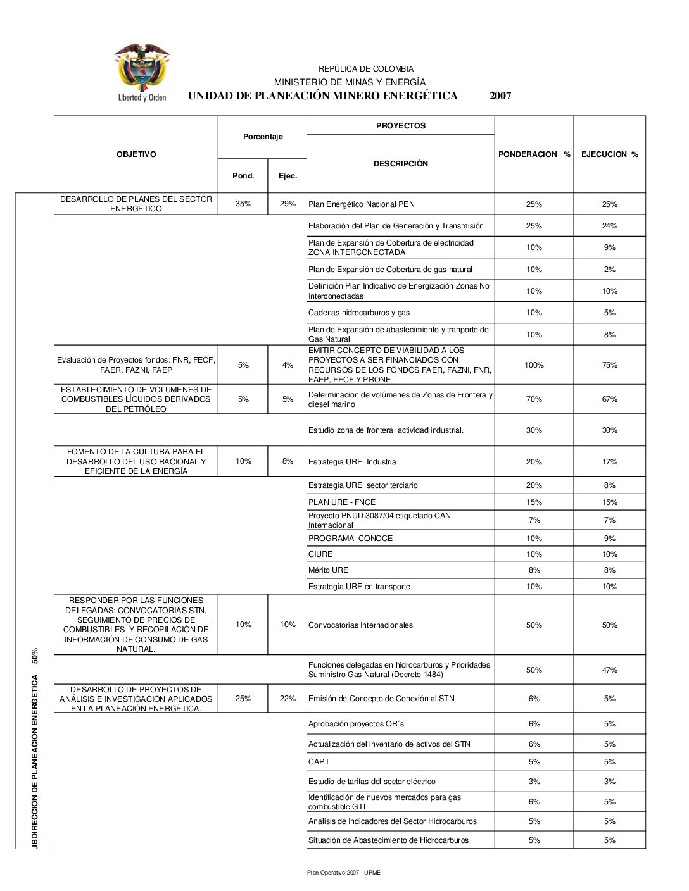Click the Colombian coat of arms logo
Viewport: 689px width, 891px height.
tap(142, 72)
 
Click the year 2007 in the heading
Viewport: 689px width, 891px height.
tap(500, 96)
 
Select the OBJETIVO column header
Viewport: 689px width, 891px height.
tap(136, 154)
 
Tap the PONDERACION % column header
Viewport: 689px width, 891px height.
tap(534, 154)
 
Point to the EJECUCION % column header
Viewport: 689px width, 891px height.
tap(609, 154)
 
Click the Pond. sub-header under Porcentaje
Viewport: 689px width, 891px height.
tap(243, 176)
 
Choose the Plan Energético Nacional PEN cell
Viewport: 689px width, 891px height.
tap(362, 204)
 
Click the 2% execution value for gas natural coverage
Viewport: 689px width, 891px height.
tap(609, 270)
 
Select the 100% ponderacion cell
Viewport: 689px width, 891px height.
tap(534, 365)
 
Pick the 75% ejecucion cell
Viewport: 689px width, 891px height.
tap(609, 365)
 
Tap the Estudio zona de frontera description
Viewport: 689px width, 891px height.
tap(386, 430)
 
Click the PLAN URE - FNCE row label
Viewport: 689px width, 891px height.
tap(342, 502)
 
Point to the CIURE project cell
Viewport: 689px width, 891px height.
tap(320, 554)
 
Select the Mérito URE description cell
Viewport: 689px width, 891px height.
tap(328, 570)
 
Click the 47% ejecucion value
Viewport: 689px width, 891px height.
tap(609, 670)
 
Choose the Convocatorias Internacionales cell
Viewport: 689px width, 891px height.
tap(360, 625)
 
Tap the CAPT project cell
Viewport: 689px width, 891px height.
tap(319, 762)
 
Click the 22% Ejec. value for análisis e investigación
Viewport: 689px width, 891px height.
tap(288, 699)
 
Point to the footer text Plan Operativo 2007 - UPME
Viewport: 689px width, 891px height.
tap(344, 873)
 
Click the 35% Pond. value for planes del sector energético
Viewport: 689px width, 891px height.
tap(243, 204)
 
